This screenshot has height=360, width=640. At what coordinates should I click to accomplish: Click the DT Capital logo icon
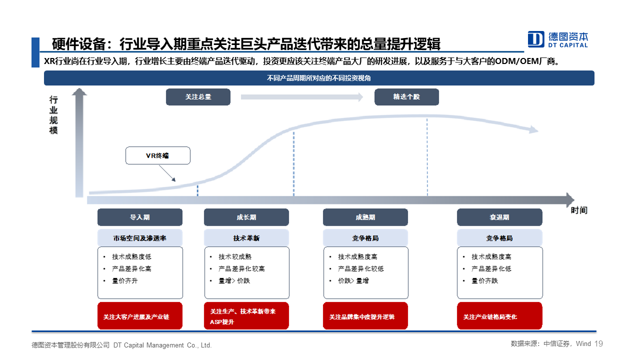click(535, 39)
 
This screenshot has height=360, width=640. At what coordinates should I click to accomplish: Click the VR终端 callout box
click(157, 155)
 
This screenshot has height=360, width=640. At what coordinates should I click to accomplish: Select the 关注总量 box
click(198, 97)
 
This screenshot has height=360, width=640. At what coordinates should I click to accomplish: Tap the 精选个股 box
click(406, 97)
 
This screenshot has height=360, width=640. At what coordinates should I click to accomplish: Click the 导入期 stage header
click(140, 217)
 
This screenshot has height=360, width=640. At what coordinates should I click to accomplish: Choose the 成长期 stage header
click(246, 217)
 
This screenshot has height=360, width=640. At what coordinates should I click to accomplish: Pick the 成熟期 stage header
click(365, 217)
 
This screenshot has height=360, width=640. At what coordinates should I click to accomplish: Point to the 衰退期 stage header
click(499, 217)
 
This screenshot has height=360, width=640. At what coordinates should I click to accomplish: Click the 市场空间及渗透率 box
click(140, 238)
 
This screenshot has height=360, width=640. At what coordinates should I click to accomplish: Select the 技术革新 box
click(246, 238)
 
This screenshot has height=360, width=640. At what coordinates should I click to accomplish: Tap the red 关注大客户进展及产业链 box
click(140, 316)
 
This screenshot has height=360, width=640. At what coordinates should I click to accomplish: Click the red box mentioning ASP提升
click(246, 316)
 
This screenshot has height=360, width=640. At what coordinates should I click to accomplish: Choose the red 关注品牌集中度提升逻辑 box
click(365, 316)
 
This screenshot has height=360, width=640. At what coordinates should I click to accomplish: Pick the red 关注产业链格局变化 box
click(499, 316)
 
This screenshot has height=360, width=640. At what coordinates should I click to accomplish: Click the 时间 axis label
click(579, 210)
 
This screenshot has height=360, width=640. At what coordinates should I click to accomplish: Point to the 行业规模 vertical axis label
click(53, 115)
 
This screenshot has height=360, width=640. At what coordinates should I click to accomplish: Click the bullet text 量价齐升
click(125, 281)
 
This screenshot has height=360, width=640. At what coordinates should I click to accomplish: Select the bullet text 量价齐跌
click(484, 281)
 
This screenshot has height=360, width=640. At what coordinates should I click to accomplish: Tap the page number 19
click(598, 343)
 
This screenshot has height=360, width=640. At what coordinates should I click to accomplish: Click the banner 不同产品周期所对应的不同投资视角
click(319, 78)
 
